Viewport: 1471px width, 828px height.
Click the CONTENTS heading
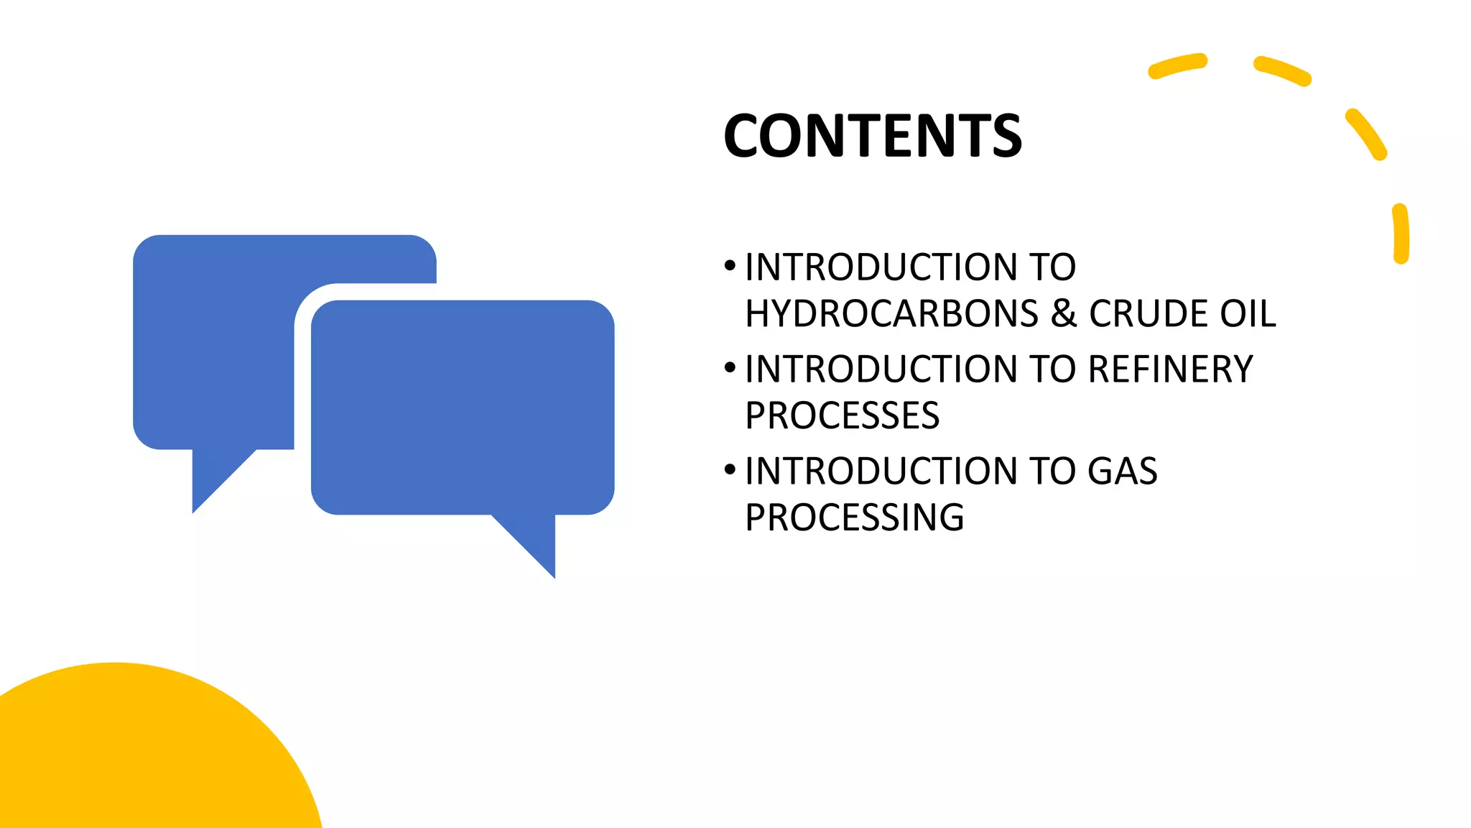[x=872, y=136]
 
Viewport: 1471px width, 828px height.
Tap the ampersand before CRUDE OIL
[x=1064, y=313]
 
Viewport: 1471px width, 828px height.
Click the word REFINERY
[x=1170, y=369]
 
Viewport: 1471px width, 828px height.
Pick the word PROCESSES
[x=842, y=415]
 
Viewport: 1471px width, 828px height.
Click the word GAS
[x=1122, y=471]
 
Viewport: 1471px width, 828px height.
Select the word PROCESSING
[x=854, y=517]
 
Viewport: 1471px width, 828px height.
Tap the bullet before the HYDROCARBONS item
[x=730, y=267]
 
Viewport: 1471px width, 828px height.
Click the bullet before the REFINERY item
[x=730, y=369]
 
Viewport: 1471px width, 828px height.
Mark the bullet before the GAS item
[x=730, y=471]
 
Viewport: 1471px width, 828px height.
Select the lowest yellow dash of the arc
[x=1401, y=234]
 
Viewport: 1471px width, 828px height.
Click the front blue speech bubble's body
[x=463, y=407]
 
